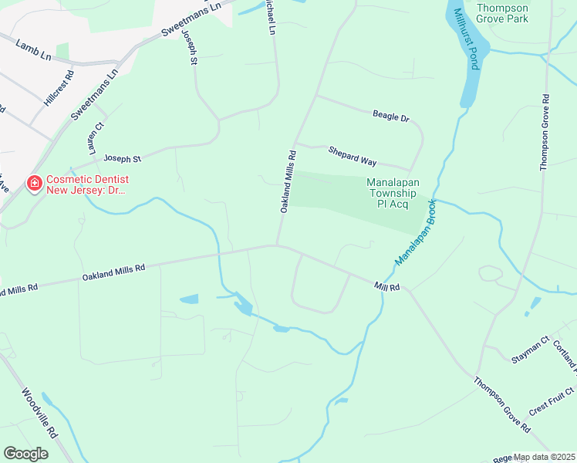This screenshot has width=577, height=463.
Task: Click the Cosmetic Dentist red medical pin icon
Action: [x=35, y=184]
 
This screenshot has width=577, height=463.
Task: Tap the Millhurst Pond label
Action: [x=465, y=39]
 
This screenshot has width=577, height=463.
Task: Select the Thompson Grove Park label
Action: [x=503, y=12]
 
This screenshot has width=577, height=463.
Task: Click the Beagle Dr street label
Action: [x=390, y=117]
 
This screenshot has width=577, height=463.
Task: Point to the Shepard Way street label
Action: [x=352, y=156]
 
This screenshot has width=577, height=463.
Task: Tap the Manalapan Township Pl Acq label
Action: [x=396, y=193]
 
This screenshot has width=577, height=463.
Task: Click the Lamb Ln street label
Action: [x=32, y=53]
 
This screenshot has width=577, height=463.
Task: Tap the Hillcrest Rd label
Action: [x=59, y=89]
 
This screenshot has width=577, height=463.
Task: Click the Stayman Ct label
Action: [x=529, y=359]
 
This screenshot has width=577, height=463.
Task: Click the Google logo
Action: [x=25, y=454]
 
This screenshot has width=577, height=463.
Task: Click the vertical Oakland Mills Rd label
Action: [x=286, y=181]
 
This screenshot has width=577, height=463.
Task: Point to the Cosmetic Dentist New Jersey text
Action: [x=85, y=184]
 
